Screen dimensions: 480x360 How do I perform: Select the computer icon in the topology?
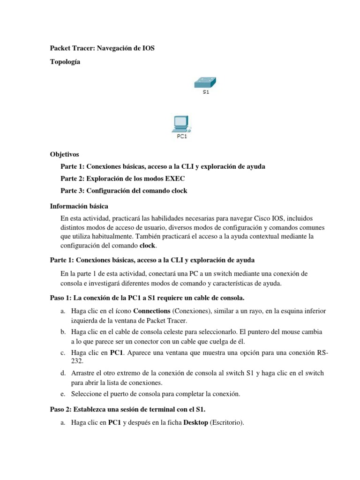[x=181, y=124]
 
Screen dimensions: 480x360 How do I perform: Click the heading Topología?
[x=65, y=62]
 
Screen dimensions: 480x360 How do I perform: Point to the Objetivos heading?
[x=65, y=154]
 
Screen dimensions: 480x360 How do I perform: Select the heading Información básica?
[x=79, y=206]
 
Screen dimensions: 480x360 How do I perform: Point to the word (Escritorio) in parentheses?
[x=226, y=423]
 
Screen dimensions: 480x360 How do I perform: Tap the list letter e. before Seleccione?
[x=63, y=394]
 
